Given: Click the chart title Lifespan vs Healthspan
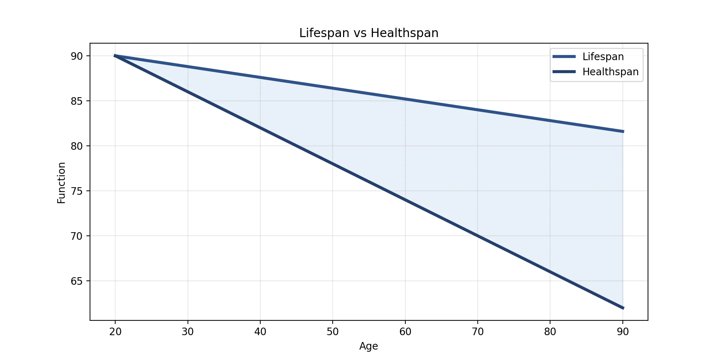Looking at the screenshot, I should (x=369, y=33).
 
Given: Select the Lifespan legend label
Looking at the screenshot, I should (x=603, y=57).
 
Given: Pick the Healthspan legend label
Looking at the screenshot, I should (x=610, y=72).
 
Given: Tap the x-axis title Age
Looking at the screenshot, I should (x=369, y=346).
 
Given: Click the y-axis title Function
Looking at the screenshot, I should (x=62, y=183).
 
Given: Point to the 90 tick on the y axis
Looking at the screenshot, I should (x=77, y=56).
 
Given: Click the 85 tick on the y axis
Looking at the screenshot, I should (x=77, y=101).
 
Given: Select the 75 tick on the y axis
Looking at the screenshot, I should (x=77, y=191).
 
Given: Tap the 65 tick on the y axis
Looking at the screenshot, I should (x=77, y=281).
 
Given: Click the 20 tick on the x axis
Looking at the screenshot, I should (x=115, y=332).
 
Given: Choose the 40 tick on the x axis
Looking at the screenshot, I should (x=260, y=332).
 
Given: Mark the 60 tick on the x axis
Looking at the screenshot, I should (x=405, y=332).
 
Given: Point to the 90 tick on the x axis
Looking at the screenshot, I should (x=623, y=332).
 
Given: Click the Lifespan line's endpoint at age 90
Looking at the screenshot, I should (x=623, y=131).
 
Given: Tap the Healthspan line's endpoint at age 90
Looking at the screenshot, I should (x=623, y=308).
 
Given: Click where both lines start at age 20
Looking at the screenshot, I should (x=115, y=56).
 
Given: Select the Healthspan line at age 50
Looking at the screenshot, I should (x=333, y=164).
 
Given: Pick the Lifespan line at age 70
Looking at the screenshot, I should (x=478, y=110).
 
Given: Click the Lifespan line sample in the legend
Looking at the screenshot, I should (x=564, y=57).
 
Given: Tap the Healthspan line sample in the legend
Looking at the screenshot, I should (x=564, y=72).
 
